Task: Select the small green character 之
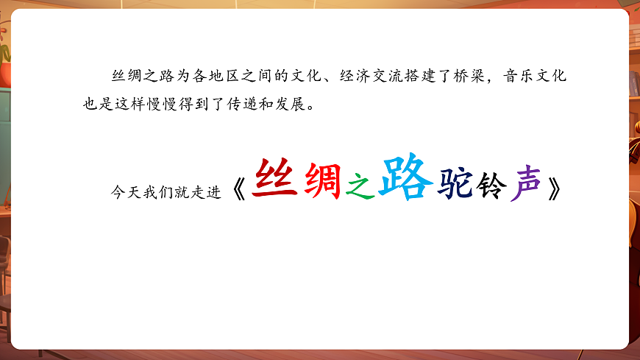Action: (360, 187)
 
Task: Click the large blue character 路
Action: (402, 177)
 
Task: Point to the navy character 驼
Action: (454, 183)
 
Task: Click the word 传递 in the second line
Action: (234, 102)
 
